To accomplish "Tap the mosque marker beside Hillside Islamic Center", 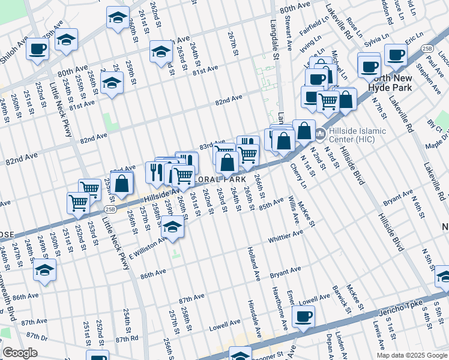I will tap(321, 133).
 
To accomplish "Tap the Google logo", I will tap(20, 353).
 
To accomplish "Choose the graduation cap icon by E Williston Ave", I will tap(173, 229).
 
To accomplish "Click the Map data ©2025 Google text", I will tap(411, 355).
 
